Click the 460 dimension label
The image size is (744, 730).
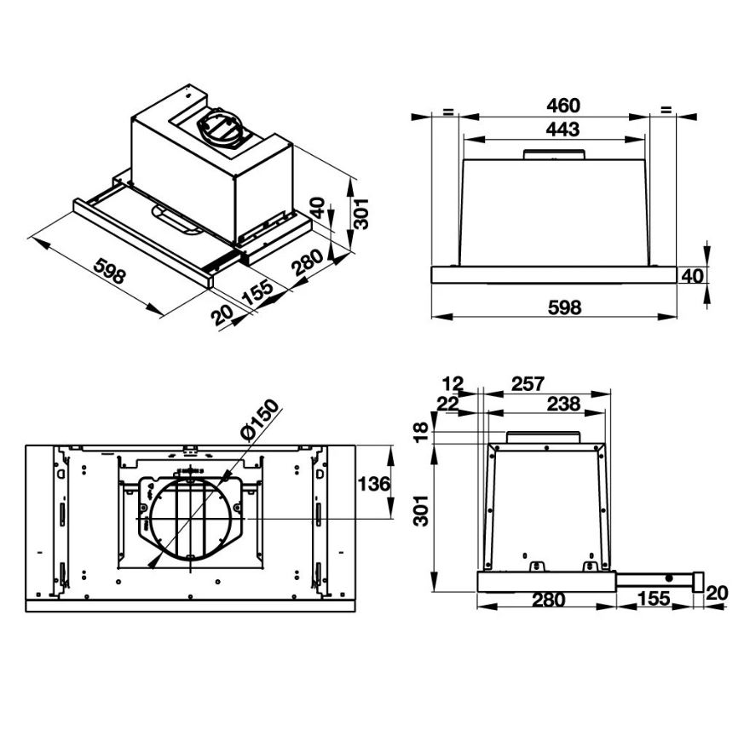pos(562,106)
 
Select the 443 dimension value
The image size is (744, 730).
pos(562,129)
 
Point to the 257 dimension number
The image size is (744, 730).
pos(528,384)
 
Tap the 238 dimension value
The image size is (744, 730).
pos(563,405)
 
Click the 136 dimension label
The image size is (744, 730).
pos(374,485)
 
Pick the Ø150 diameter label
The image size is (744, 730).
pos(260,420)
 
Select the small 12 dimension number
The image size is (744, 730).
pos(453,383)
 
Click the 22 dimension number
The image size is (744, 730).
pos(448,404)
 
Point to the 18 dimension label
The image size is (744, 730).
pos(421,432)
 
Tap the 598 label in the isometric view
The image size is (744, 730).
pos(110,271)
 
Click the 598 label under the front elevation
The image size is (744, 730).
pos(564,308)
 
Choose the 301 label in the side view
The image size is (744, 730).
pos(421,511)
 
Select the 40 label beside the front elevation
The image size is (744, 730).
pos(692,276)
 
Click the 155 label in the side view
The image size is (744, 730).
pos(654,599)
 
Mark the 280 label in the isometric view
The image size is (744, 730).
pos(308,262)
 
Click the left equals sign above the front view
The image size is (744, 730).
pos(448,112)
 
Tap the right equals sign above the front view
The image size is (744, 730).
pos(666,110)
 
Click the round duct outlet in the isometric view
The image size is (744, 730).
pos(220,126)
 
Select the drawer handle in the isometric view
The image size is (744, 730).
pos(176,220)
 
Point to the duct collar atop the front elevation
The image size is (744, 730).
pos(553,154)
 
